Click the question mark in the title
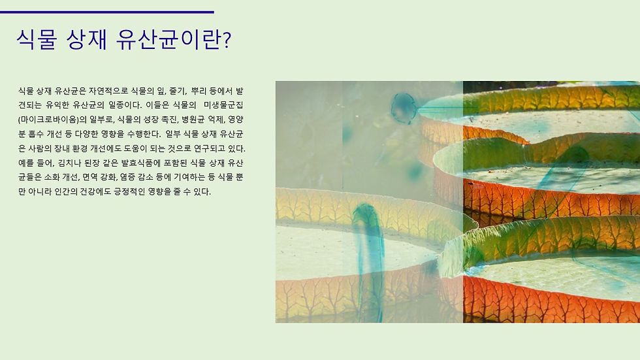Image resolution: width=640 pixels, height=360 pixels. tap(227, 41)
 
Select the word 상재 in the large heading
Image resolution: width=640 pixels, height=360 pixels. tap(86, 40)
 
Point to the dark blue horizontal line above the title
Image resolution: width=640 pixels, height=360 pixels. tap(107, 12)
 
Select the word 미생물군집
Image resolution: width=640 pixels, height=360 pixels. tap(223, 105)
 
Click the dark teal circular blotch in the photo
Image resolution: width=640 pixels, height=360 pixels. tap(404, 108)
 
